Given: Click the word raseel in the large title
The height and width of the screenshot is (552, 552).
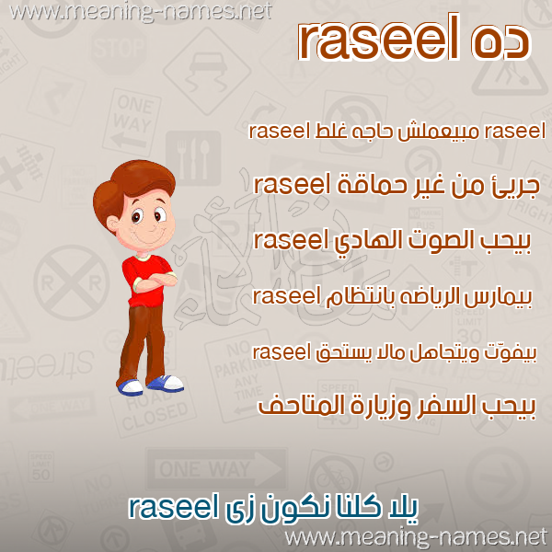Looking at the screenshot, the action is point(379,38).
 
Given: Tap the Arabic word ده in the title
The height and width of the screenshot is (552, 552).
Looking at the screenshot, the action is point(500,41).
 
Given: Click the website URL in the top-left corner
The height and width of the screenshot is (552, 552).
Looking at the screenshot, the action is point(140,12).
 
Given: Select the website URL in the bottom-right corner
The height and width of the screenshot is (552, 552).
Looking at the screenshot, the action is point(416,538).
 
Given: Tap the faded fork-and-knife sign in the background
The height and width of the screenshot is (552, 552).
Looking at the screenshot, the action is point(193,158).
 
